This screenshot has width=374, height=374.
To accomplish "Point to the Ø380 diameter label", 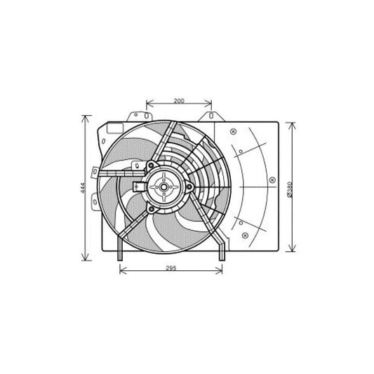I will tap(290, 187).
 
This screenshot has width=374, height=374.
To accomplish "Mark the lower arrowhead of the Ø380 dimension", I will tap(295, 251).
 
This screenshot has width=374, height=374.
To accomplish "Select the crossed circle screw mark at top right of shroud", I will tap(233, 130).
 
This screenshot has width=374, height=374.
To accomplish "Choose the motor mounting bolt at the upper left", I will tap(150, 166).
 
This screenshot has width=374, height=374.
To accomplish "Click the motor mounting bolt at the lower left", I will tap(150, 208).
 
